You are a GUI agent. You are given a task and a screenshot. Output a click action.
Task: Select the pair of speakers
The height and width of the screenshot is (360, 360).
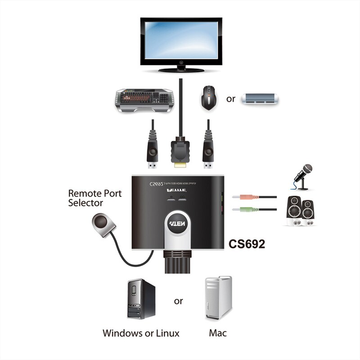[301, 210]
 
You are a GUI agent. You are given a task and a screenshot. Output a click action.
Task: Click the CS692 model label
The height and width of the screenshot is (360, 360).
[247, 244]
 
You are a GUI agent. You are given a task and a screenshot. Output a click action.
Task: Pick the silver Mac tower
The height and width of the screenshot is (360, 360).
[218, 297]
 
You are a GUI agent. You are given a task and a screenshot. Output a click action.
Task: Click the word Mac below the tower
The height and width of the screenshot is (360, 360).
[218, 333]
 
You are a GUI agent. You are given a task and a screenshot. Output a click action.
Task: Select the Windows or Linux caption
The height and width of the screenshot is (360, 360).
[141, 333]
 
